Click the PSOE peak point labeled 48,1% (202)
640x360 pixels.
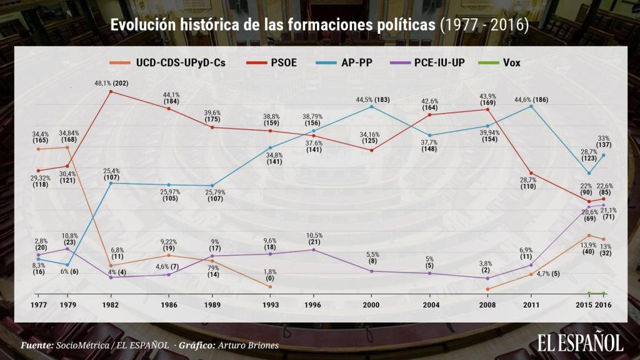click(111, 91)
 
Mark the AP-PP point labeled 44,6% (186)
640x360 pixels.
click(531, 106)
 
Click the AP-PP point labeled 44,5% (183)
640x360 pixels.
click(372, 107)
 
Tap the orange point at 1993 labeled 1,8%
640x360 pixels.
click(269, 286)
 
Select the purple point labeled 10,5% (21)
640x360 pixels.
click(313, 249)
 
